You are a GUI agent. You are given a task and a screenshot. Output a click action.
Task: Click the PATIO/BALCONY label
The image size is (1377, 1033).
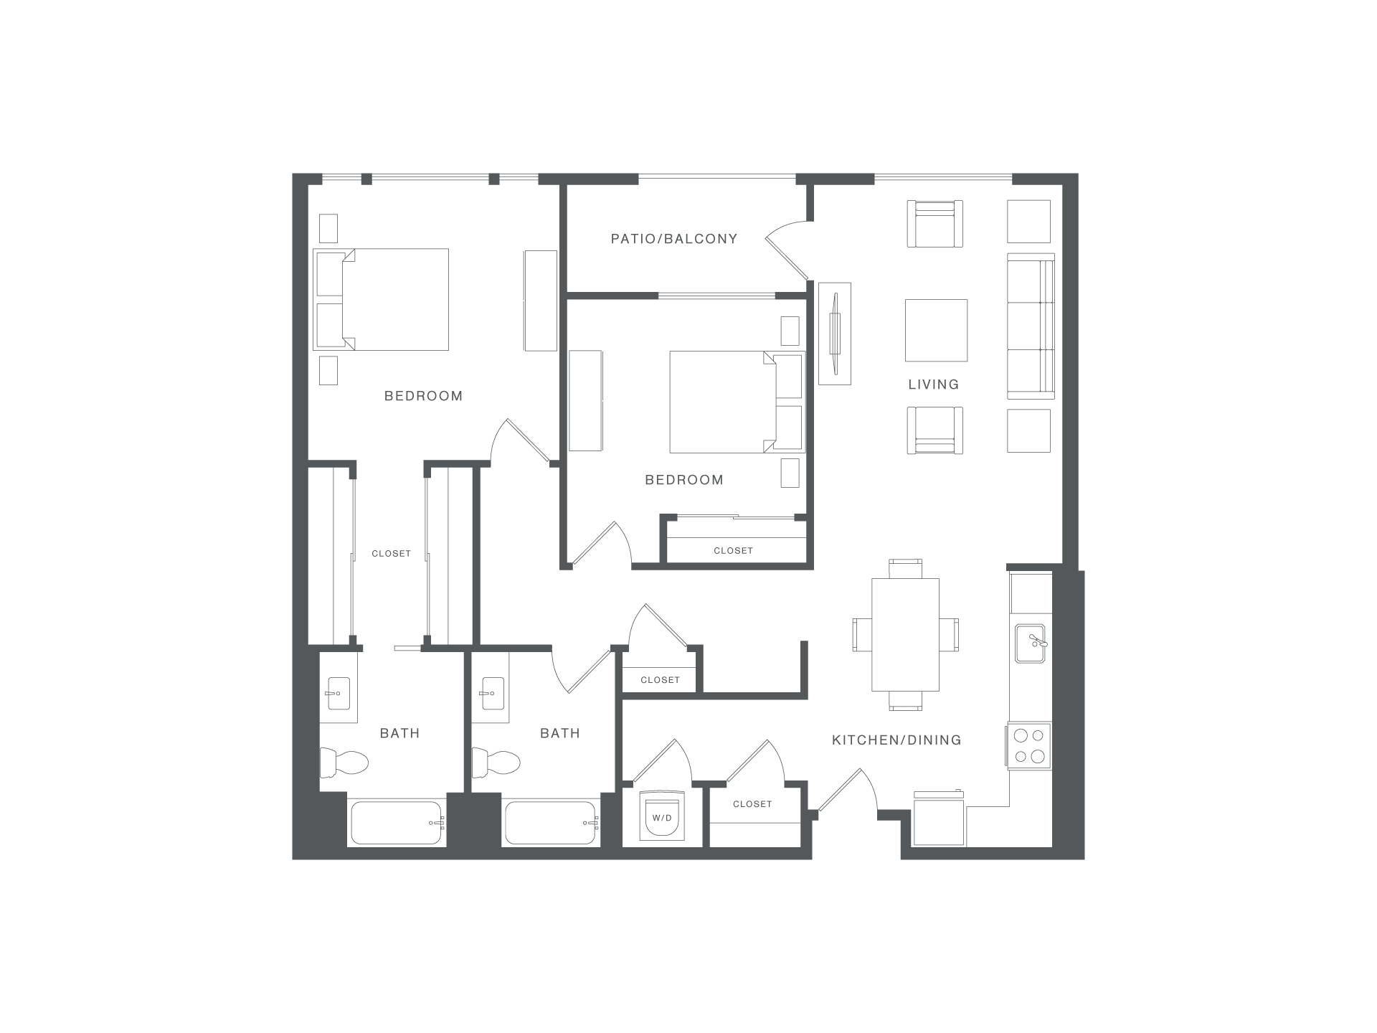pos(674,239)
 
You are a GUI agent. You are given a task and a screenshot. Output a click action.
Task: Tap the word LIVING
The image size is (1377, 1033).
pos(933,385)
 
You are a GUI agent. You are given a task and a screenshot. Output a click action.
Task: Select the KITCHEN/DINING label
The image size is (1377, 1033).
pos(896,740)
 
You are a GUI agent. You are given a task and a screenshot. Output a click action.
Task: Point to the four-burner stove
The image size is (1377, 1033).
pos(1029,746)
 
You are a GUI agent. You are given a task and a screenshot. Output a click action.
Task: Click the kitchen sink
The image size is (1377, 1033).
pos(1030,643)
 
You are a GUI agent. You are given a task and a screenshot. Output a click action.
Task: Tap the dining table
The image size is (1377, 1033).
pos(905,635)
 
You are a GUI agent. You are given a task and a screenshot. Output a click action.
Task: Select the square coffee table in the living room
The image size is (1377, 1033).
pos(936,330)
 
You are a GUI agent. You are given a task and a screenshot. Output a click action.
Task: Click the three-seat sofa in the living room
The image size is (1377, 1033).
pos(1031,326)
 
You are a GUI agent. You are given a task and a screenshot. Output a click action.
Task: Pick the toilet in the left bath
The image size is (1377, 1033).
pos(344,762)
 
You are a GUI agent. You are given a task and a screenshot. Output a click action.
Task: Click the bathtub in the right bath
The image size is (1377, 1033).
pos(551,823)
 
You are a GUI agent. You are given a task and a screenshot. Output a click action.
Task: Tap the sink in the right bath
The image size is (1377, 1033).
pos(493,694)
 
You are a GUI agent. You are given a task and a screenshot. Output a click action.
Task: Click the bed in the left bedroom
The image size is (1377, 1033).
pos(382,299)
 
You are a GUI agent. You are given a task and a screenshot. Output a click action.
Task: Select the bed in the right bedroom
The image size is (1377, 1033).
pos(737,402)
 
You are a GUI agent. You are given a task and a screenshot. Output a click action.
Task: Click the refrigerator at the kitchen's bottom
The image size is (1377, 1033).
pos(939,819)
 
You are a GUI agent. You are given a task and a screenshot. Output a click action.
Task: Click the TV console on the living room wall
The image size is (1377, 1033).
pos(835,334)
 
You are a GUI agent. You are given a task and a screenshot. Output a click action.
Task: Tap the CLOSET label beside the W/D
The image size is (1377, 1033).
pos(752,804)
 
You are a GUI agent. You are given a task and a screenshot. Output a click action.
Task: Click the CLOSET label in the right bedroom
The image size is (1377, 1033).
pos(733,551)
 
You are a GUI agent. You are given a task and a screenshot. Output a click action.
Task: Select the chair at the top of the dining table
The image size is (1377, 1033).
pos(905,569)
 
